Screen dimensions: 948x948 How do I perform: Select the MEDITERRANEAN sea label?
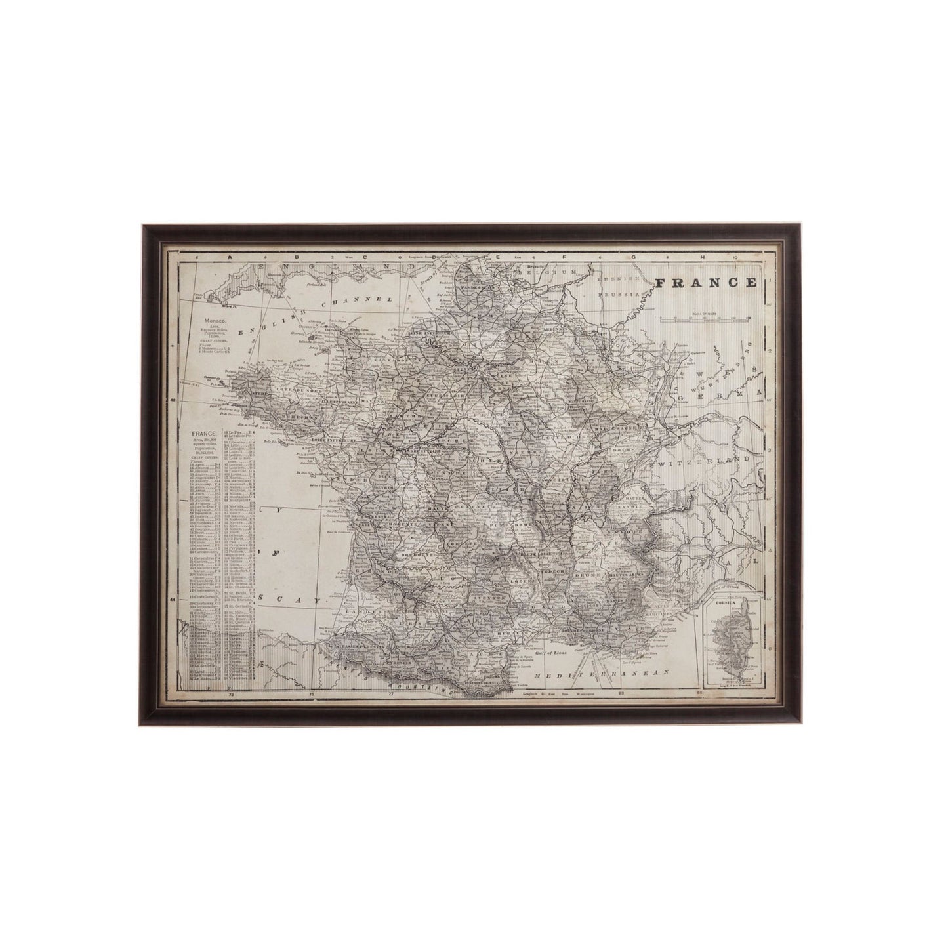[600, 674]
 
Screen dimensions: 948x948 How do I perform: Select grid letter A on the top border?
[229, 257]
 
